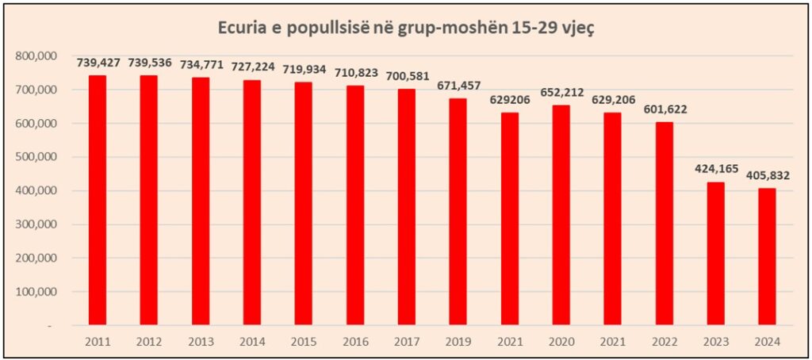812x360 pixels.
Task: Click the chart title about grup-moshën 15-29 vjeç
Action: coord(406,28)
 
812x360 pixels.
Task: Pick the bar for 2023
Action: coord(716,253)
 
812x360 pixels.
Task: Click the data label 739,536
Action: coord(150,63)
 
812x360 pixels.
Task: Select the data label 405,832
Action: coord(768,175)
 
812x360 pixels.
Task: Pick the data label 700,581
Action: coord(407,76)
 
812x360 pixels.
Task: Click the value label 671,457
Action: coord(458,86)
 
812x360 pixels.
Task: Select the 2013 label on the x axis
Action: coord(201,342)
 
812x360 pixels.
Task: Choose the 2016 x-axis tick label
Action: coord(355,342)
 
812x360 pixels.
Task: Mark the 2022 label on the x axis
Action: coord(665,342)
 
